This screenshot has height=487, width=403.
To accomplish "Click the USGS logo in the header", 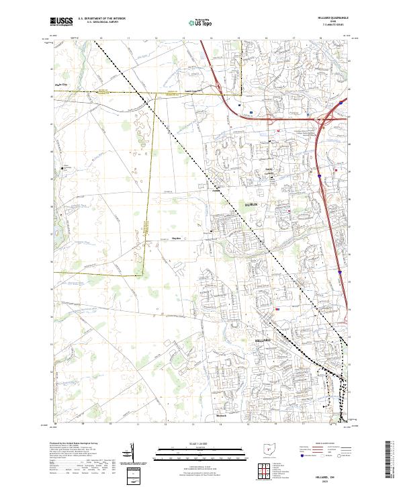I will [x=61, y=22].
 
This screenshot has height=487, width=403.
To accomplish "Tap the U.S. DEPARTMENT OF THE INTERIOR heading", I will [x=101, y=19].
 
